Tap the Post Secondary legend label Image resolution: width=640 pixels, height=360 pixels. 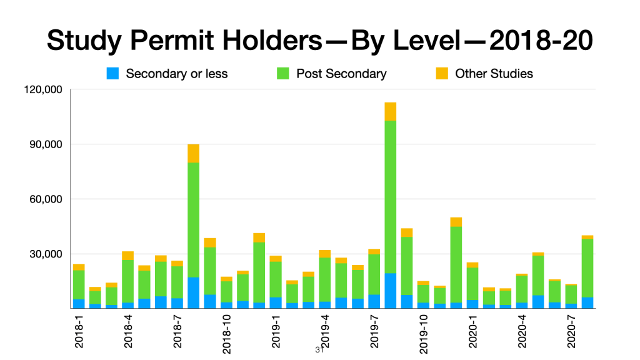point(341,74)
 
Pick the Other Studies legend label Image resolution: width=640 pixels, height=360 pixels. point(494,74)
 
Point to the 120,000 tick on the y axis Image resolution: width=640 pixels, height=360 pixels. point(44,89)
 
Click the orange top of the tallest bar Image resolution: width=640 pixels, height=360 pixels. point(391,111)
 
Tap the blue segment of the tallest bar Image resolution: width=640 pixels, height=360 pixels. point(391,291)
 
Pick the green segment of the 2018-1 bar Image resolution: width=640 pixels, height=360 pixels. point(79,284)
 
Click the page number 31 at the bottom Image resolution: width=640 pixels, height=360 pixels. point(319,350)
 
